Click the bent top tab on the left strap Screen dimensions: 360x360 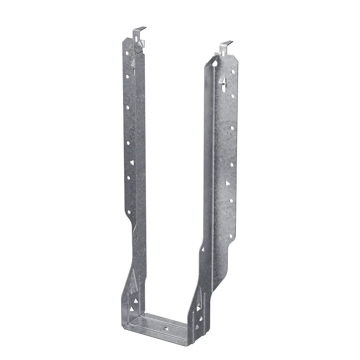tap(141, 29)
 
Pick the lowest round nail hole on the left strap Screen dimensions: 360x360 tap(129, 212)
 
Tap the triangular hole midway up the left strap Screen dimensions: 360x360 tap(132, 162)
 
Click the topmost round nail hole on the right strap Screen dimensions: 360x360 tap(232, 71)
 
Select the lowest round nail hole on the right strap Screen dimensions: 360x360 tap(231, 236)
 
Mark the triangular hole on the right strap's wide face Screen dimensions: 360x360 tap(227, 183)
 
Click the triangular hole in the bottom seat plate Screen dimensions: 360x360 tap(165, 329)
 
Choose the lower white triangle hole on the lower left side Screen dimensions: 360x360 tap(131, 309)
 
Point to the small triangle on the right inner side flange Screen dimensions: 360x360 tap(202, 249)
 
